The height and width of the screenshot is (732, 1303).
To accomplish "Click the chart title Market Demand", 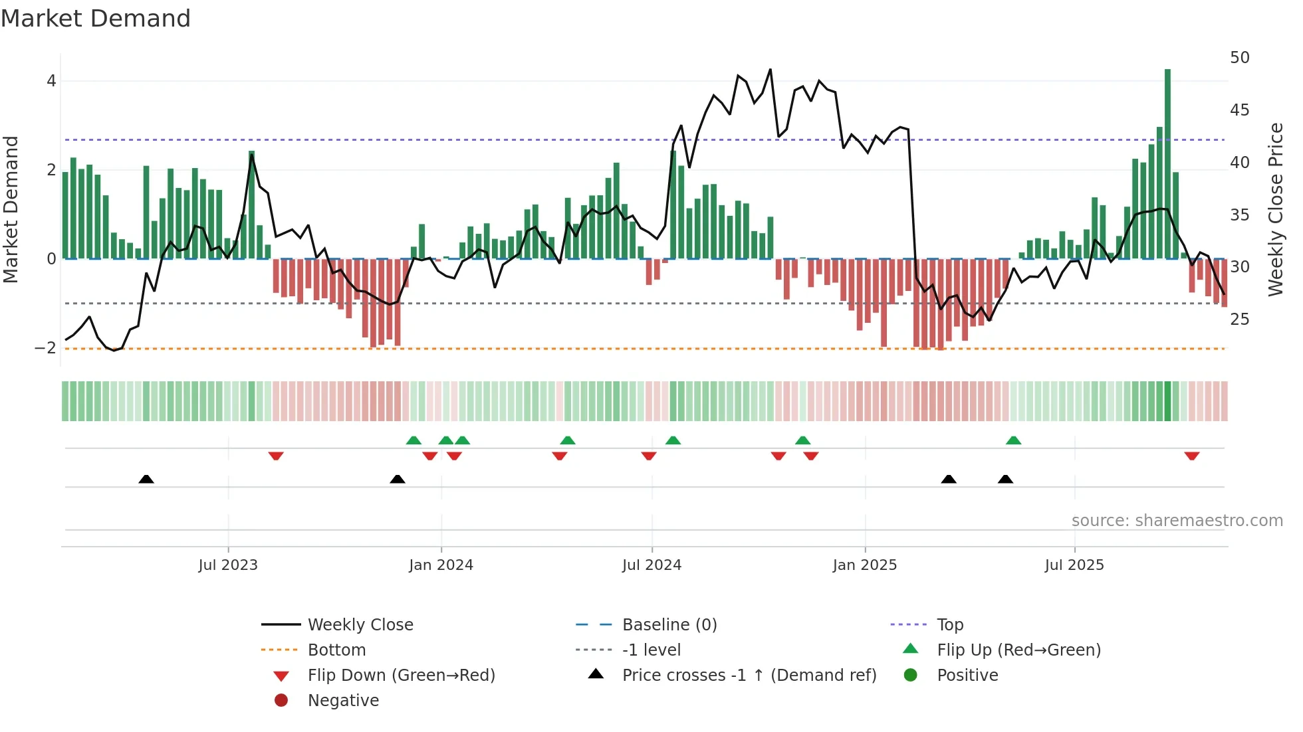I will (x=96, y=19).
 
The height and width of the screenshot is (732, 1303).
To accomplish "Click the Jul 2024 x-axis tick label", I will (x=651, y=565).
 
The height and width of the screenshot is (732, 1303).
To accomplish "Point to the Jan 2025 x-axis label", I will (x=864, y=565).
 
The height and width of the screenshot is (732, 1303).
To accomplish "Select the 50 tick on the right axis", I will (x=1239, y=58).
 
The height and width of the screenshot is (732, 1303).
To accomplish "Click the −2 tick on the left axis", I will (x=46, y=348).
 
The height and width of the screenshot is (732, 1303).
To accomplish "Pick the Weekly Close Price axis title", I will (x=1275, y=209).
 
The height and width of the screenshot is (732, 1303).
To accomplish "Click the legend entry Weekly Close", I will (x=360, y=625).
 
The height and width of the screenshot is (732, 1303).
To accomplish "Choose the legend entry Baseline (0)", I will (x=669, y=625).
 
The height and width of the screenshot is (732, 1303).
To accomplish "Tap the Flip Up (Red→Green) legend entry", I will (x=1018, y=650).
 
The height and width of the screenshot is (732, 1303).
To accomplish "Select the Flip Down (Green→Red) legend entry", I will (x=401, y=676).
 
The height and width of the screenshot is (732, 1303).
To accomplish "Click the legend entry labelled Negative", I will (x=343, y=701).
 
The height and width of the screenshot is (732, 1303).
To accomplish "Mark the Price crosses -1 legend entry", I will (x=749, y=676).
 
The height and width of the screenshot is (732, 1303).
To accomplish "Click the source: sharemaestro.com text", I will (x=1177, y=521).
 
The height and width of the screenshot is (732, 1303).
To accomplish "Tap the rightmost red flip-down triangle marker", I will (x=1191, y=456).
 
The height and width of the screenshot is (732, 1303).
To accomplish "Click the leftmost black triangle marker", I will (x=146, y=479).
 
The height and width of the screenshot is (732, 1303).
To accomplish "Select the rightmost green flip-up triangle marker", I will (x=1013, y=440).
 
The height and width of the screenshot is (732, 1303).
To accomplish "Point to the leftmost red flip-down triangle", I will (x=276, y=456).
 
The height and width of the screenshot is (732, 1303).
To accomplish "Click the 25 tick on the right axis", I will (x=1239, y=320).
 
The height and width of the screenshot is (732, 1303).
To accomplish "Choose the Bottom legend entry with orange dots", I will (x=336, y=650).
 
